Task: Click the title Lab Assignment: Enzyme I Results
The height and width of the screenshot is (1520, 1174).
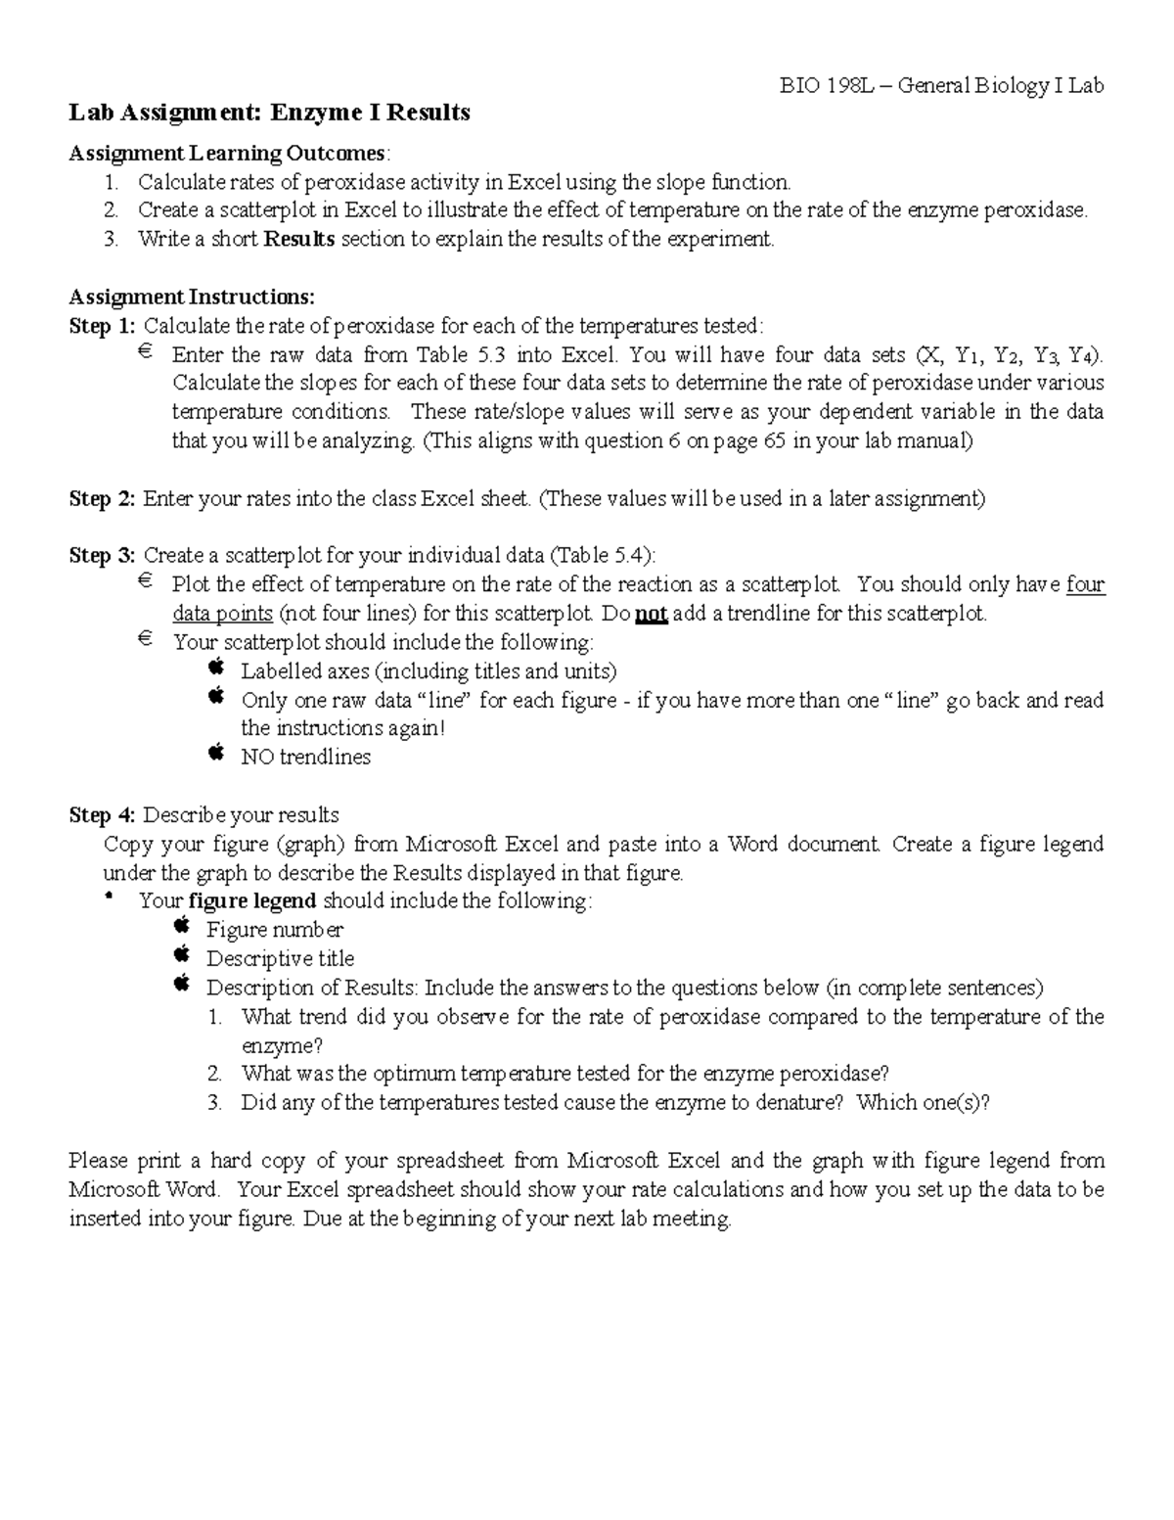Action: (269, 113)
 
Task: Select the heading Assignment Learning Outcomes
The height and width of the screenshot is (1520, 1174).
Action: (227, 154)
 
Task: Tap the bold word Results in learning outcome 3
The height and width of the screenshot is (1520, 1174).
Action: (299, 239)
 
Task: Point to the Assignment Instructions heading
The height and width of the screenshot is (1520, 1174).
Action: (192, 297)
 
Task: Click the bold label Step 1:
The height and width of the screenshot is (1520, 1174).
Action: (103, 326)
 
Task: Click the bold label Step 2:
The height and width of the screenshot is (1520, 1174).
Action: (103, 499)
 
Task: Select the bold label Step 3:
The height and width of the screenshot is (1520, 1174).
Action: (103, 556)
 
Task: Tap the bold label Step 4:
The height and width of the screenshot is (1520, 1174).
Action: (103, 815)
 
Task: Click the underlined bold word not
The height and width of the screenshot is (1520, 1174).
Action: (651, 615)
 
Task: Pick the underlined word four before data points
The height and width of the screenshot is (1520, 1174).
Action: (1085, 585)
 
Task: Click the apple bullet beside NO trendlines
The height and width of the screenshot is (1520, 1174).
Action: (216, 753)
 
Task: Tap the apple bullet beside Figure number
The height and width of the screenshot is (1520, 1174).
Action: (182, 925)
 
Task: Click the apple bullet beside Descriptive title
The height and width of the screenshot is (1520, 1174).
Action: (182, 954)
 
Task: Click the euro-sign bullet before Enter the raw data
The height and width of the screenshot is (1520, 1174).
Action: (145, 351)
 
